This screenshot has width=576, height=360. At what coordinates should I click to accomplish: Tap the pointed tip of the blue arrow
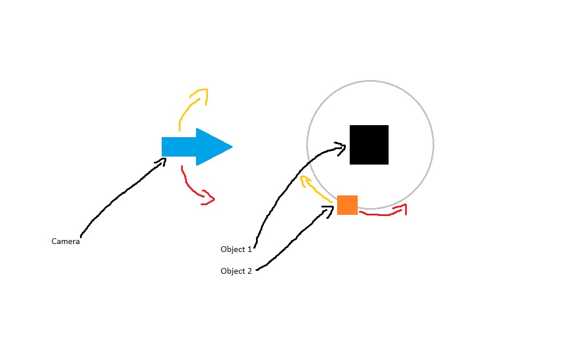[233, 147]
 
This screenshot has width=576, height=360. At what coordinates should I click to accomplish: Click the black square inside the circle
[369, 145]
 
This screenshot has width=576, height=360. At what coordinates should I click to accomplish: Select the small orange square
[347, 205]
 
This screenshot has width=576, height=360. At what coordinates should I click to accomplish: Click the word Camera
[65, 241]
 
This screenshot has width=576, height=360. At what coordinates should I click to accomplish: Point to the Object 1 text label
[236, 249]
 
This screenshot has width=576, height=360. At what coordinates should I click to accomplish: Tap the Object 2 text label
[236, 271]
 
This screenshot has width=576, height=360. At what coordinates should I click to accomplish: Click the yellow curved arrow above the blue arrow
[190, 106]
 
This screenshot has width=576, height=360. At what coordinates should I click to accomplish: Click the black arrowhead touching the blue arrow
[161, 162]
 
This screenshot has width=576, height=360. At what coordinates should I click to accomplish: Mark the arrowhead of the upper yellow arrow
[201, 95]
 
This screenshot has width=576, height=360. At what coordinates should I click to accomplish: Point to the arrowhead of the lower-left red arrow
[208, 198]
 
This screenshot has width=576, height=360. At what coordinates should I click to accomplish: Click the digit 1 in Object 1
[249, 249]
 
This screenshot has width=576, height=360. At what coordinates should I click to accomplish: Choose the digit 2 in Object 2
[249, 271]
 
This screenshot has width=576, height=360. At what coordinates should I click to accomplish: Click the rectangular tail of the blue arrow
[179, 147]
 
